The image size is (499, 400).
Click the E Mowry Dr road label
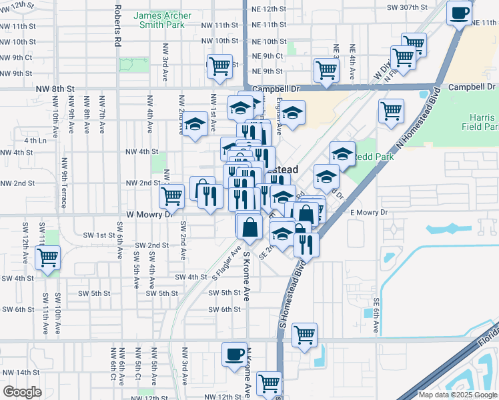(x=369, y=212)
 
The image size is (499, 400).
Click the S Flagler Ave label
(x=227, y=263)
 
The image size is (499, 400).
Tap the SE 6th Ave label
(x=376, y=315)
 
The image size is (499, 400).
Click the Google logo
(x=22, y=392)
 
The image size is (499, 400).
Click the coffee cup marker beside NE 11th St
(x=459, y=13)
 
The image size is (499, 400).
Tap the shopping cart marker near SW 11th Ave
(x=47, y=257)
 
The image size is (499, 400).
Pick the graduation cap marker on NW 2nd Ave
(x=195, y=125)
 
